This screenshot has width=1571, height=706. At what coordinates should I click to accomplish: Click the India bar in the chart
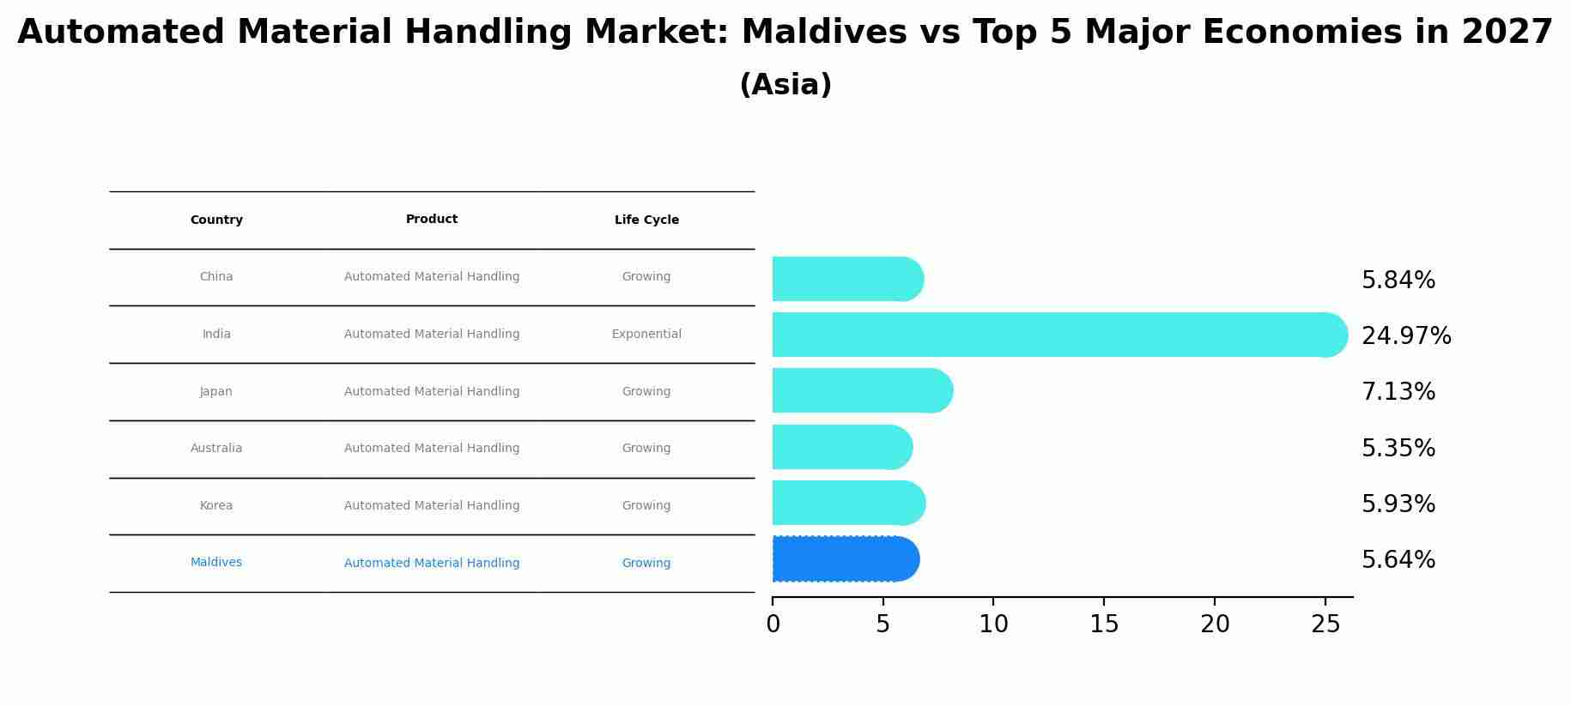point(1056,335)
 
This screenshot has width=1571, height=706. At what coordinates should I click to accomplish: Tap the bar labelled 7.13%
point(861,391)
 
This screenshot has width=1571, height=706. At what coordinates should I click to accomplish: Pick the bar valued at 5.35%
point(841,447)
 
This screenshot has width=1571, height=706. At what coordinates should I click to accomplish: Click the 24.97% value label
point(1406,336)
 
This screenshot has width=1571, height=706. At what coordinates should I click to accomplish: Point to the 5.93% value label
point(1398,504)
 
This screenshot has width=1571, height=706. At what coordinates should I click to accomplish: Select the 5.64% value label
point(1398,560)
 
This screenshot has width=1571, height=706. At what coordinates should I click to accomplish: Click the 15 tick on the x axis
point(1104,625)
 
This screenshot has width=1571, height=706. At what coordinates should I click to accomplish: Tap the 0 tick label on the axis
point(773,625)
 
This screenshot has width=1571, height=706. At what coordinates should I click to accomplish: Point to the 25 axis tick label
point(1325,625)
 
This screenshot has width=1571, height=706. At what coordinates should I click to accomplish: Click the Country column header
point(216,220)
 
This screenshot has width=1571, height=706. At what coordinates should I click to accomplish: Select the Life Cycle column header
point(646,220)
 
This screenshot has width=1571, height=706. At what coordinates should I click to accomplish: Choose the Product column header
point(432,220)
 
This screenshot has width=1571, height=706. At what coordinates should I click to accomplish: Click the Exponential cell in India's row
point(646,335)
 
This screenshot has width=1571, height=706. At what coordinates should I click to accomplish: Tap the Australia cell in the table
point(216,449)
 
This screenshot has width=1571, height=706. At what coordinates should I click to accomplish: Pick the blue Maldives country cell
point(216,563)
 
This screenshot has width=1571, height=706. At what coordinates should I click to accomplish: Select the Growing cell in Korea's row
point(646,506)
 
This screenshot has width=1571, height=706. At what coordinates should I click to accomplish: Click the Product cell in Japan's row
point(432,392)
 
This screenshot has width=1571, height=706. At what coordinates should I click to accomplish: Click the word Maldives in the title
point(823,33)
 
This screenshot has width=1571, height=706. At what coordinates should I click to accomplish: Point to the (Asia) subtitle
point(785,85)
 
